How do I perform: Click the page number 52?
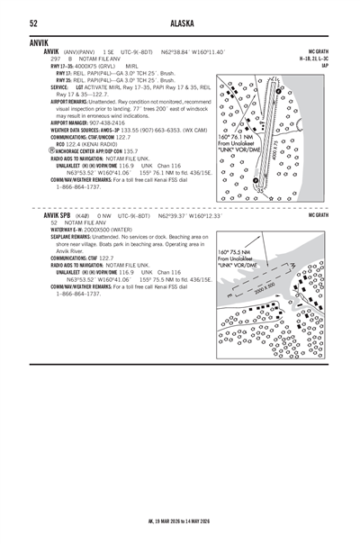click(x=32, y=23)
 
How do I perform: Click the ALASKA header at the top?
click(x=180, y=23)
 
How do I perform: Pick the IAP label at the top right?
click(x=325, y=65)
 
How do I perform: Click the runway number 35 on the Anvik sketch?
click(x=261, y=190)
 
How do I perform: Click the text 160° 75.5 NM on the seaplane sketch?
click(x=236, y=253)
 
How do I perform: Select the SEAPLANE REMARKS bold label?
click(x=69, y=237)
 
